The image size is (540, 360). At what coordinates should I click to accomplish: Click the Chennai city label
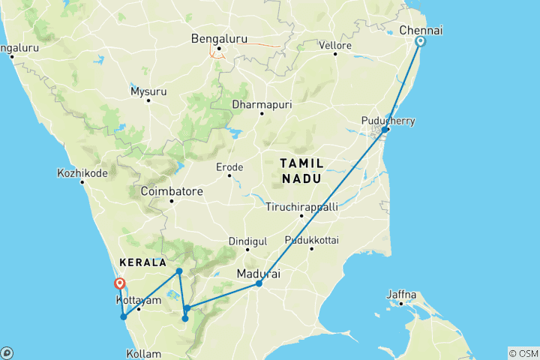[421, 30]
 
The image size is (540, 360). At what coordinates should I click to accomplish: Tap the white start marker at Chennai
[420, 42]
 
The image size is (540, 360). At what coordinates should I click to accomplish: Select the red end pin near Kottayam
[119, 284]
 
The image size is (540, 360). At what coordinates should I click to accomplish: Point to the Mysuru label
[148, 91]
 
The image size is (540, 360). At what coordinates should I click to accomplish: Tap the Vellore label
[336, 45]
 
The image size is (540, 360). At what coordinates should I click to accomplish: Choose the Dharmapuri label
[261, 103]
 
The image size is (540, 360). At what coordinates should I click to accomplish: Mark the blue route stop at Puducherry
[385, 130]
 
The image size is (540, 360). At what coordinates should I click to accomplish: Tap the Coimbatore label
[171, 191]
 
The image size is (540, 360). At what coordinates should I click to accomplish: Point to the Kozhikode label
[82, 172]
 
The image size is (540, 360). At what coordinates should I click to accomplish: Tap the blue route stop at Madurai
[259, 283]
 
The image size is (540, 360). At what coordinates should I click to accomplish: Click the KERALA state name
[142, 263]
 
